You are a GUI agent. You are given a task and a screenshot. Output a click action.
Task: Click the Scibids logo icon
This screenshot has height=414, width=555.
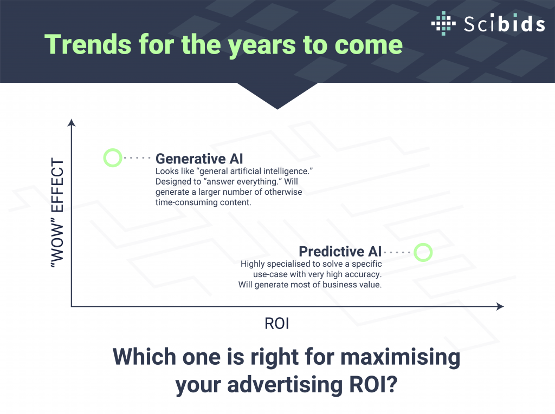443,23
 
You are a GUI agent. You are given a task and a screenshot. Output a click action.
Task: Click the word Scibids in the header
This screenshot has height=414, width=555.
504,23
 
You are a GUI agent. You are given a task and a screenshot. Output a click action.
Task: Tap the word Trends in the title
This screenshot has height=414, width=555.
88,44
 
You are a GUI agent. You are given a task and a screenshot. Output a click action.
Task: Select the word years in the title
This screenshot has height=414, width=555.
262,47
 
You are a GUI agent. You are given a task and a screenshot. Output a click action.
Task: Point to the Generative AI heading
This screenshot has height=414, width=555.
199,159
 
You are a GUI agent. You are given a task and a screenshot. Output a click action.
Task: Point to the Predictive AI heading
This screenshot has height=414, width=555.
340,251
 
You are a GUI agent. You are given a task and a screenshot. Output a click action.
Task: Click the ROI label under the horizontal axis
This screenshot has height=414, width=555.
277,324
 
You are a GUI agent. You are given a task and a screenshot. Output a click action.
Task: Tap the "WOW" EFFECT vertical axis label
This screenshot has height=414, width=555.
57,213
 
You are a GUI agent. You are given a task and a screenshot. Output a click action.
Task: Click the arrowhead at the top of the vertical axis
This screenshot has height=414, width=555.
72,123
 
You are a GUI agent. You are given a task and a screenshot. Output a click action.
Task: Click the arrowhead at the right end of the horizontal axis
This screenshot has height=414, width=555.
500,306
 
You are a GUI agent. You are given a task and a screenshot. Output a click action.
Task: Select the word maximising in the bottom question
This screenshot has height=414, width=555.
401,357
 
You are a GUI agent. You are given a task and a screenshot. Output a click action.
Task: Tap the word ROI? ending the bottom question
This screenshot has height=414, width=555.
373,385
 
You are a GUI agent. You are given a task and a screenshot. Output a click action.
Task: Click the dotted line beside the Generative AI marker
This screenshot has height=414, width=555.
137,157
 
